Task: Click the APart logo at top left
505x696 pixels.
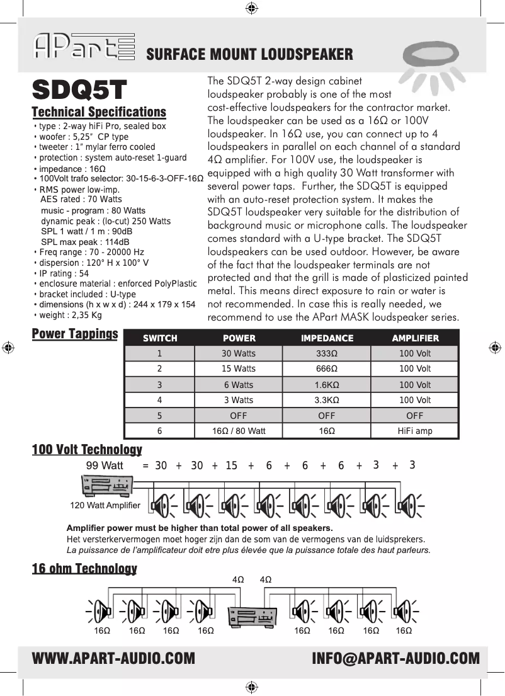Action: tap(84, 47)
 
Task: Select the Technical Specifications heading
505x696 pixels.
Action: tap(99, 112)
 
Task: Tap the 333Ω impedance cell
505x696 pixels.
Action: tap(326, 353)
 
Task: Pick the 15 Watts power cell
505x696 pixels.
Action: tap(239, 368)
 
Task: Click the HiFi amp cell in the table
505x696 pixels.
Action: tap(415, 431)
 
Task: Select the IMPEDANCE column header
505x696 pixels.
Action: tap(326, 338)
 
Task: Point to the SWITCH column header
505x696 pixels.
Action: tap(160, 338)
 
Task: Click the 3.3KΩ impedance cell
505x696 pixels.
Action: tap(326, 400)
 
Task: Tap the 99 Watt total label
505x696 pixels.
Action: tap(104, 465)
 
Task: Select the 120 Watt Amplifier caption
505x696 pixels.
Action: tap(105, 505)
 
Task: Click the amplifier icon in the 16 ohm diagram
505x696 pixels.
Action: tap(252, 615)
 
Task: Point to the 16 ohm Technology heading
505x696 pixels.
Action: tap(84, 569)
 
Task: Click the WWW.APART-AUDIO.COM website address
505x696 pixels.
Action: tap(113, 659)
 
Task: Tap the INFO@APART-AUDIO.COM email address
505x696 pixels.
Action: tap(395, 659)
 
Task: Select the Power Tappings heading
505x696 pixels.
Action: tap(75, 333)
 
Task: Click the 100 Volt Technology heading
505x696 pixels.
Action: tap(87, 450)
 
